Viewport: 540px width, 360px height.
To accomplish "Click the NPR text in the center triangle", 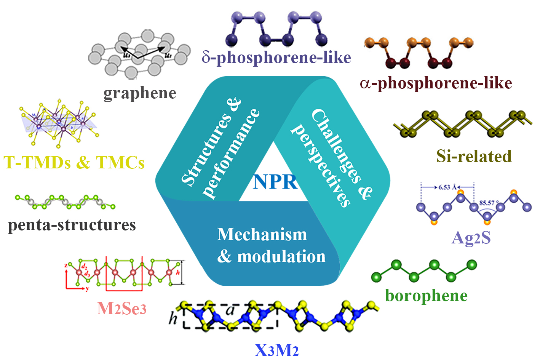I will [x=275, y=182].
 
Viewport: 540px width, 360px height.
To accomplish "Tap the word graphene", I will [x=140, y=93].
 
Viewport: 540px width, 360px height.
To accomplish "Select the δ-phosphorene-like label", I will [x=276, y=58].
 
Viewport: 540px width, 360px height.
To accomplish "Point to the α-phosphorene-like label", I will [x=436, y=83].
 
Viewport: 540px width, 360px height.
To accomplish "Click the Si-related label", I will [x=474, y=156].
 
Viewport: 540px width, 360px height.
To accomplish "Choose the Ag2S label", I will [x=471, y=238].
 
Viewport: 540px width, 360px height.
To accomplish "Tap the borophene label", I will [x=426, y=296].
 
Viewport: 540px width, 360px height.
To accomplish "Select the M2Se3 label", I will [x=122, y=309].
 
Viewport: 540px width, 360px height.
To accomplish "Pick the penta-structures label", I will [x=72, y=225].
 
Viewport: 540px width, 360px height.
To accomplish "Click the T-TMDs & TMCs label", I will [x=74, y=163].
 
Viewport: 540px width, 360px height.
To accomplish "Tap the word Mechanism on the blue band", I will [x=262, y=234].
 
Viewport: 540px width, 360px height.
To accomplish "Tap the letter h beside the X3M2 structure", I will [x=173, y=318].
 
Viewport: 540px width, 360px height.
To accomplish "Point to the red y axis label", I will [x=87, y=289].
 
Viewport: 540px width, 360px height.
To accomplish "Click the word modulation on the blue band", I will [x=281, y=257].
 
